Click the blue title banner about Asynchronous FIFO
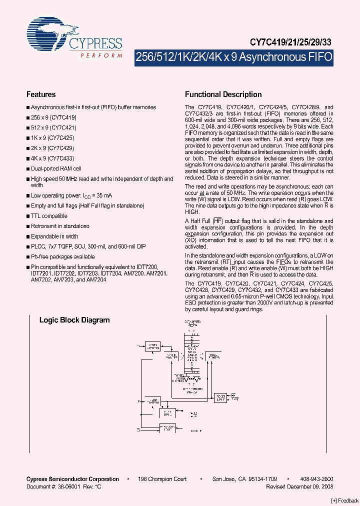tap(233, 57)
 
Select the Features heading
tap(41, 94)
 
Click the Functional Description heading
tap(223, 94)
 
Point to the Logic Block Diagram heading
tap(74, 320)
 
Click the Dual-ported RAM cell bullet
tap(56, 168)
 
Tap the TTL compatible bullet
tap(49, 216)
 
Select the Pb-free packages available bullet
tap(62, 256)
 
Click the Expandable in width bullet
tap(54, 236)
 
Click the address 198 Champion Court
tap(162, 479)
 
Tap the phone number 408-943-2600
tap(314, 479)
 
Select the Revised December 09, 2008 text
tap(299, 486)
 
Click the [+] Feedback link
tap(345, 501)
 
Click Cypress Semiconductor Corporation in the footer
tap(72, 479)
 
